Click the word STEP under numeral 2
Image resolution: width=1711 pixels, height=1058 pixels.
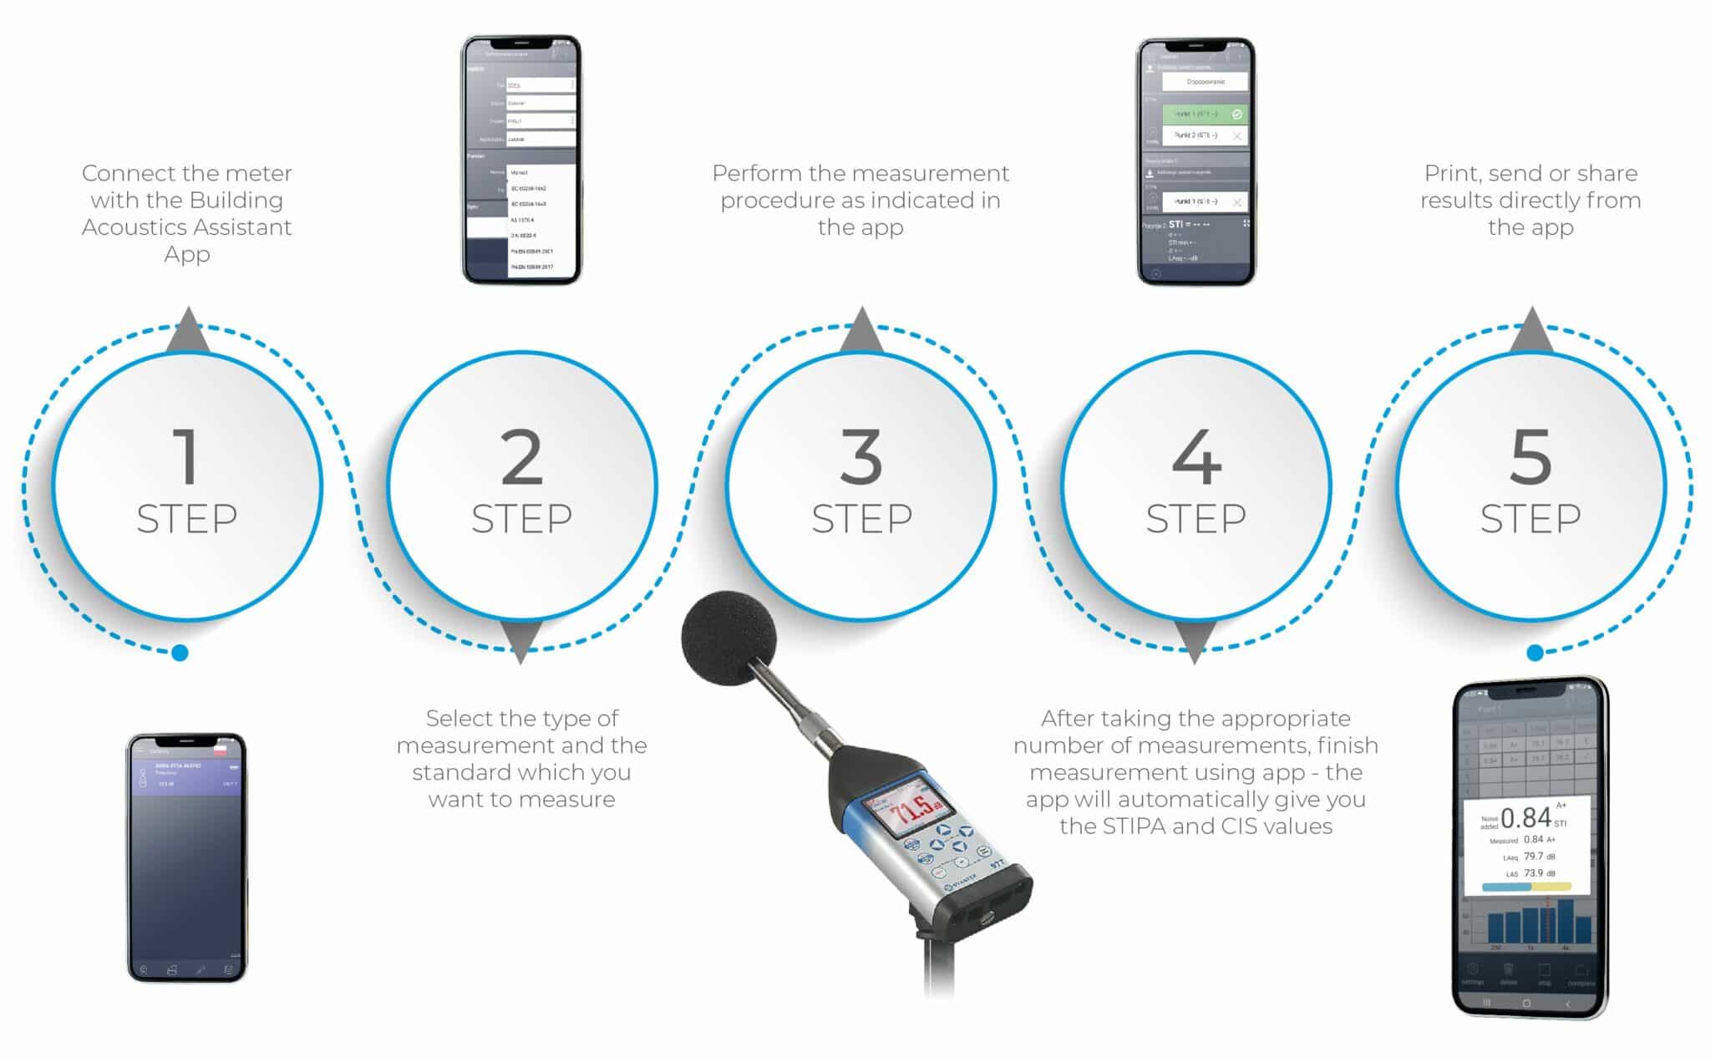pyautogui.click(x=521, y=519)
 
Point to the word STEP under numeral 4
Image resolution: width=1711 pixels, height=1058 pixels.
pyautogui.click(x=1196, y=519)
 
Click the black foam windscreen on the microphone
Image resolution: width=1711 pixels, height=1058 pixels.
pyautogui.click(x=728, y=638)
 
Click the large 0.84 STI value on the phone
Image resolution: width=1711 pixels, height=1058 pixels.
pyautogui.click(x=1526, y=817)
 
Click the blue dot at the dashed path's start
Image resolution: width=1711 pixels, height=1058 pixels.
pyautogui.click(x=180, y=653)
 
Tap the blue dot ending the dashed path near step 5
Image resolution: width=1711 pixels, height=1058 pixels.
pyautogui.click(x=1535, y=653)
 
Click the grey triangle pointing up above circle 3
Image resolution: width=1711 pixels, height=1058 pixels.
pyautogui.click(x=861, y=330)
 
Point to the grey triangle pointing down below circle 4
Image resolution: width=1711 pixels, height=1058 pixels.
pyautogui.click(x=1195, y=642)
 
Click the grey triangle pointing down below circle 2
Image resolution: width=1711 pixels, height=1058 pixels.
pyautogui.click(x=521, y=642)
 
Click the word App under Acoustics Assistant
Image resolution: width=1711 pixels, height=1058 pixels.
pyautogui.click(x=186, y=254)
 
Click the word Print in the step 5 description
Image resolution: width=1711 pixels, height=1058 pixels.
pyautogui.click(x=1452, y=174)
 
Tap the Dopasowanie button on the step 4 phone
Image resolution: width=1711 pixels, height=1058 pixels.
pyautogui.click(x=1205, y=82)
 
